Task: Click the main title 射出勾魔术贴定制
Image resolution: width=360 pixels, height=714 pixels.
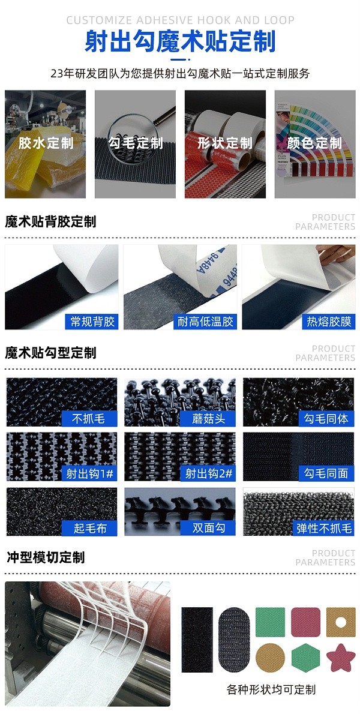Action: [x=180, y=42]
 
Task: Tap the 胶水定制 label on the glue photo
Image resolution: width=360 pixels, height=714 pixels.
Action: [x=46, y=143]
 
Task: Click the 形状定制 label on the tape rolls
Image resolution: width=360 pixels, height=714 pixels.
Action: [x=225, y=143]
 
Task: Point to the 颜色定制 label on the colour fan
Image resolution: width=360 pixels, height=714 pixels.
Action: [x=314, y=143]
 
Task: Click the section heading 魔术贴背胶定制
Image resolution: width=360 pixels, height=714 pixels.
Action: [x=50, y=222]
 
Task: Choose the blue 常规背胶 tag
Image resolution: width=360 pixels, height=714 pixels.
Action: [x=92, y=322]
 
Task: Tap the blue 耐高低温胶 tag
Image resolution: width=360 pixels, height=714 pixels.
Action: [x=205, y=322]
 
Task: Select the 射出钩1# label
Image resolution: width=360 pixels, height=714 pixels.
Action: [x=89, y=473]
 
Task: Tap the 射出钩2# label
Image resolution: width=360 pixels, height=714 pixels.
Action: [x=208, y=473]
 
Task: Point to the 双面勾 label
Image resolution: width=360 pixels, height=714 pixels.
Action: [x=208, y=528]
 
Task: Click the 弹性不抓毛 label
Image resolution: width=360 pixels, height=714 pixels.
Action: [x=324, y=528]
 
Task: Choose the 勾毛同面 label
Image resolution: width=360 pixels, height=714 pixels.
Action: [x=326, y=473]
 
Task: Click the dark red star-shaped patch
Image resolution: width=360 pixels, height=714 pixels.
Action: [x=340, y=658]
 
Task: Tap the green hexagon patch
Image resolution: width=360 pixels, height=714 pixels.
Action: [x=306, y=658]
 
